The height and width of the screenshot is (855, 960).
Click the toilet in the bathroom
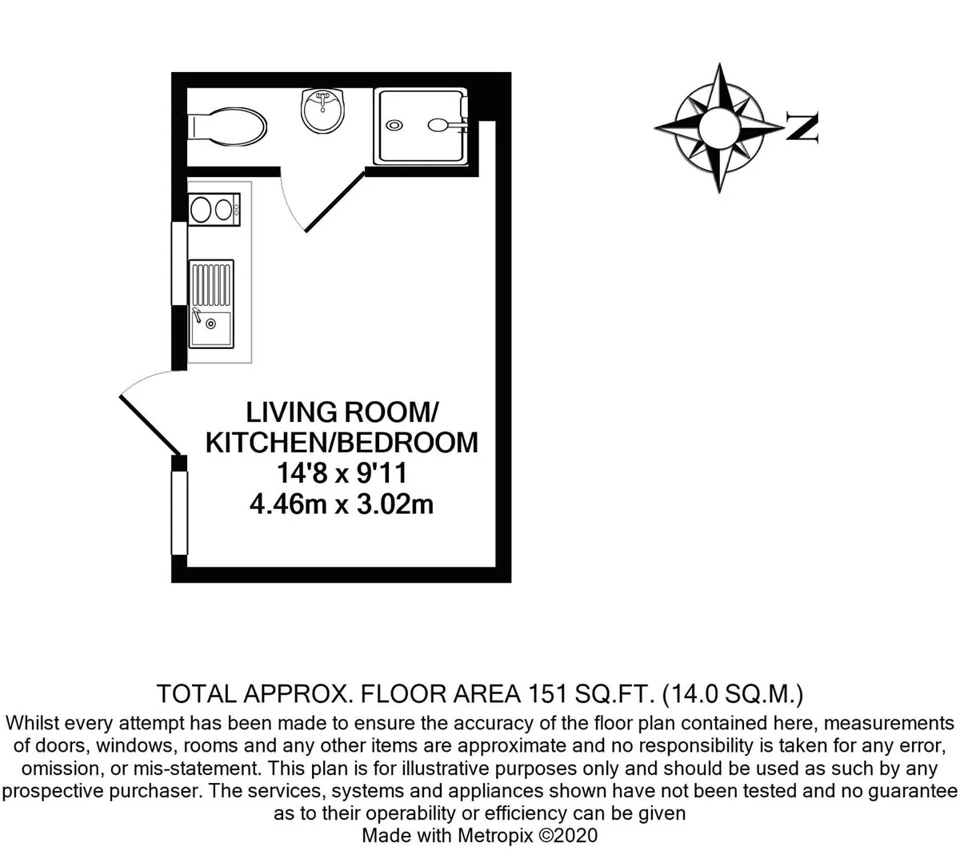tap(226, 126)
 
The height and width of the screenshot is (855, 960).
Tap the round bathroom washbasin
tap(322, 111)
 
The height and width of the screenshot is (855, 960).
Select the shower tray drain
tap(394, 125)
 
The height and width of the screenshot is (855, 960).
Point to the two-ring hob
tap(214, 209)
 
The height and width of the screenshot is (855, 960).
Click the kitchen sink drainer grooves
tap(211, 285)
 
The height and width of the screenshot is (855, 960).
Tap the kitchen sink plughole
tap(211, 324)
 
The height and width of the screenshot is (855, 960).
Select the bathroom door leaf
tap(335, 202)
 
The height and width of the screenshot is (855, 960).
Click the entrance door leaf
tap(150, 425)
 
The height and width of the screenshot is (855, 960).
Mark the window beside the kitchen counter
tap(179, 263)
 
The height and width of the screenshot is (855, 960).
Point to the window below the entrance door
tap(179, 513)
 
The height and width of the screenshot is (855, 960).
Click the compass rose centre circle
tap(719, 128)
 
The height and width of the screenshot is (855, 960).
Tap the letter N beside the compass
tap(802, 126)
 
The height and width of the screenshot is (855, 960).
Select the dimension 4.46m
tap(288, 504)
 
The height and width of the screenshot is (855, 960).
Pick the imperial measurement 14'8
tap(302, 474)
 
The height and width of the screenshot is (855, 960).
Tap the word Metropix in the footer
tap(495, 835)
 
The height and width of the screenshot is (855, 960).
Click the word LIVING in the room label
tap(291, 412)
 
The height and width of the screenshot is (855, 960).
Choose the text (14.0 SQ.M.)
tap(733, 694)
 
